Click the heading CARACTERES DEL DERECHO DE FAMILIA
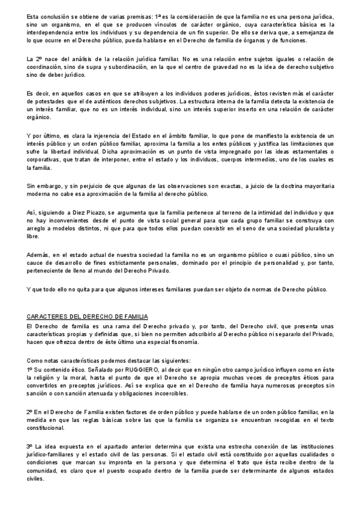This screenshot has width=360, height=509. coord(88,316)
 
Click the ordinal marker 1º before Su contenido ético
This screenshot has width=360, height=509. coord(31,369)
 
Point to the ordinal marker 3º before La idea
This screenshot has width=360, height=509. coord(31,447)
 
